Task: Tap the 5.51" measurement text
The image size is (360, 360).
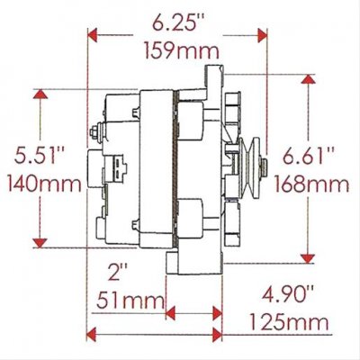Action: point(40,156)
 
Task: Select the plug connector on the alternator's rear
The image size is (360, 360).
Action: point(117,167)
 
